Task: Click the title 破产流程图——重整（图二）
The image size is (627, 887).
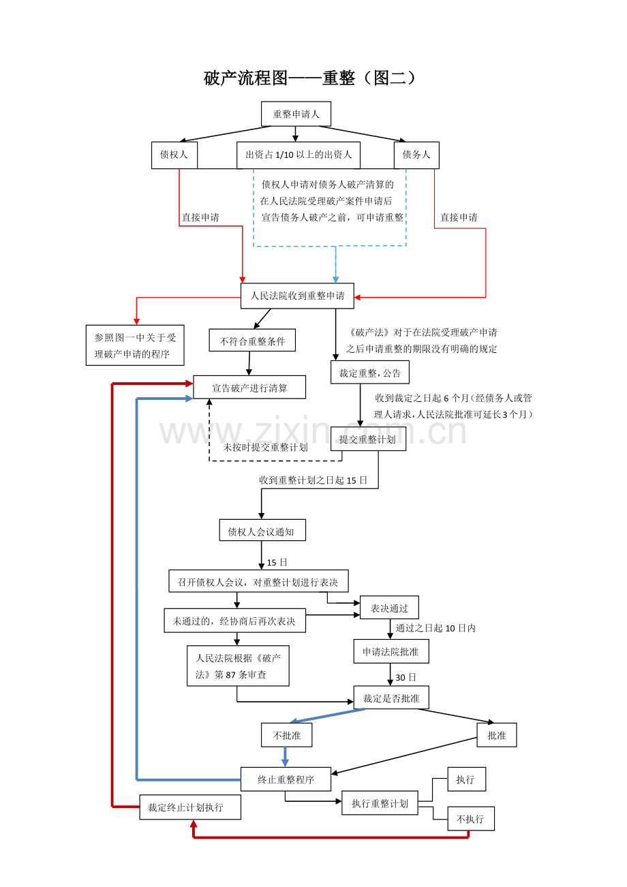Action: point(310,78)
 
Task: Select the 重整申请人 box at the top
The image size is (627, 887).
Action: point(296,114)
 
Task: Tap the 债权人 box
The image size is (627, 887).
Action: point(174,155)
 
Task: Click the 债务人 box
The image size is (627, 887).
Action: point(416,155)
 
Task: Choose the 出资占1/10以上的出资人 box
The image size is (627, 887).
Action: point(299,155)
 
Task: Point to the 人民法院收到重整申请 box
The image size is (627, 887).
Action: point(297,296)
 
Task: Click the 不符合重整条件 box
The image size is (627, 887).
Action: point(252,341)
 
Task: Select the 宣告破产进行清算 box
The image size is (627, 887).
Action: point(249,388)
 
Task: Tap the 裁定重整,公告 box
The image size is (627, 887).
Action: point(370,373)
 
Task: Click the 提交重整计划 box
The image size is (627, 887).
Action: point(368,439)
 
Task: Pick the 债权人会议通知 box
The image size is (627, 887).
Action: point(262,531)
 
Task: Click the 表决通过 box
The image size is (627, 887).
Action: point(389,608)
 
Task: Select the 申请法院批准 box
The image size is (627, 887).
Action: point(391,651)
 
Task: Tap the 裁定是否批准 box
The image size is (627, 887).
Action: point(391,698)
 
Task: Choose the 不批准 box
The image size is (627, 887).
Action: point(286,735)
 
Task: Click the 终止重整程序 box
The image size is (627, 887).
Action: point(286,779)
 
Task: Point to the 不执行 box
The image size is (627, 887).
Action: point(470,819)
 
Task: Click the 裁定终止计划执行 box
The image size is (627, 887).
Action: point(190,807)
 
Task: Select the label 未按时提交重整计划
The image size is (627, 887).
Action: point(265,447)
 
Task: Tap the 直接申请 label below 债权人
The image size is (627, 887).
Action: point(200,217)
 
